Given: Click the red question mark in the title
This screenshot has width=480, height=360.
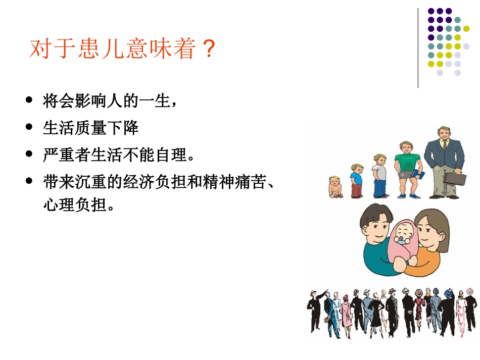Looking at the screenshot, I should pyautogui.click(x=208, y=49).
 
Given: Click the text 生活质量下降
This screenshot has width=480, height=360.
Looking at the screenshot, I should pyautogui.click(x=91, y=128).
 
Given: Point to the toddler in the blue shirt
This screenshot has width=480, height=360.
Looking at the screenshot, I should pyautogui.click(x=357, y=180).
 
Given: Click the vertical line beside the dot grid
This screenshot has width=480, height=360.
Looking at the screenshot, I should pyautogui.click(x=418, y=48).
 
